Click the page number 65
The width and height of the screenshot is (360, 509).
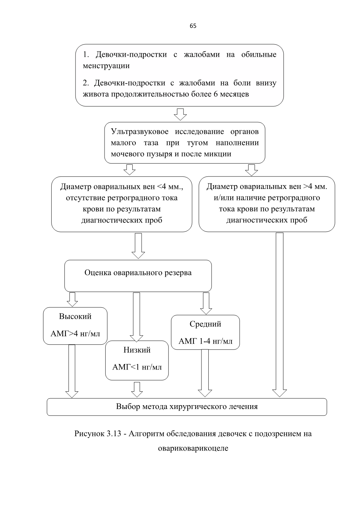tap(193, 26)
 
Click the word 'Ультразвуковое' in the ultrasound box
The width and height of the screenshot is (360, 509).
tap(140, 132)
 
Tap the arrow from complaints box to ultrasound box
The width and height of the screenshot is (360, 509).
tap(180, 114)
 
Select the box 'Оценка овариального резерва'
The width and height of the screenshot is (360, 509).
tap(138, 276)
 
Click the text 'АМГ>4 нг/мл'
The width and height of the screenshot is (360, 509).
tap(75, 334)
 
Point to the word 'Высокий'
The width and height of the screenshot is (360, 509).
tap(75, 316)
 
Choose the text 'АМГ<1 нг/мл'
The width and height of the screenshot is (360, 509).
tap(137, 367)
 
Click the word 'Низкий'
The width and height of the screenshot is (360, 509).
tap(137, 350)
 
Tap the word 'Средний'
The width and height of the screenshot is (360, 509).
tap(206, 324)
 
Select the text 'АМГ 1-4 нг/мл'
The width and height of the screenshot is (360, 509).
tap(206, 341)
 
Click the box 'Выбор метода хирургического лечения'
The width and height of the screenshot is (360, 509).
tap(187, 407)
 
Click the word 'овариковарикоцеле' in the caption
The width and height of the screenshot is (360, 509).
tap(193, 448)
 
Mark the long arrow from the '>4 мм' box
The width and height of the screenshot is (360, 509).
tap(280, 315)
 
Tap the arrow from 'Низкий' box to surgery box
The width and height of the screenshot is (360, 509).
tap(137, 390)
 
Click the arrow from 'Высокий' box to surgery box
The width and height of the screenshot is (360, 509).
tap(72, 371)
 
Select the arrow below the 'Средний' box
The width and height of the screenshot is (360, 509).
tap(205, 373)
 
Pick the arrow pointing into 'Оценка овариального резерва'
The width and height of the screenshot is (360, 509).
tap(138, 246)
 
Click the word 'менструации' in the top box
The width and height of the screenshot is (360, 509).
tap(106, 66)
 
